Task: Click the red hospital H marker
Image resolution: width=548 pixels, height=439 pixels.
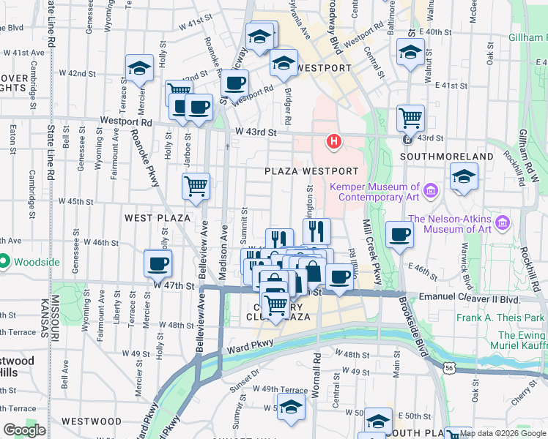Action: click(334, 140)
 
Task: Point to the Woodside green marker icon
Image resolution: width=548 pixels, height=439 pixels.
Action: click(4, 260)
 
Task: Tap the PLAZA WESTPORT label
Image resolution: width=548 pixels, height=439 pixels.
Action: click(311, 170)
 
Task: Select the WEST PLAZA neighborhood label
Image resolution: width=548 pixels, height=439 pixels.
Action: click(158, 218)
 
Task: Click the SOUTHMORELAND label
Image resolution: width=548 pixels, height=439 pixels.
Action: click(447, 157)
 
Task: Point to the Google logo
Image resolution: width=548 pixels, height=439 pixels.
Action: click(24, 430)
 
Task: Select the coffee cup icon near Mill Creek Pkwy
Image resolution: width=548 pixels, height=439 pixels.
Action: click(399, 234)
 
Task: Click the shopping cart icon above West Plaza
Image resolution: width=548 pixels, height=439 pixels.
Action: click(196, 187)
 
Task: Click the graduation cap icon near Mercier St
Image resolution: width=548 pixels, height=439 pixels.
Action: click(139, 67)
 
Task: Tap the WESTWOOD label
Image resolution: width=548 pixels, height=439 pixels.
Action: click(92, 421)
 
